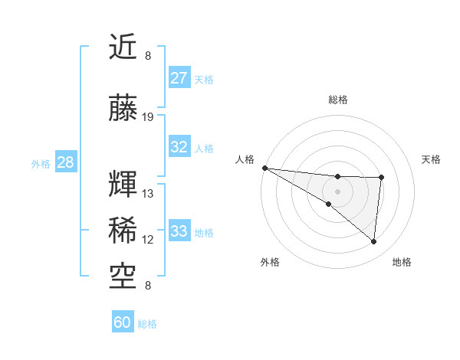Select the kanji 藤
123,109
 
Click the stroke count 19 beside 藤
148,118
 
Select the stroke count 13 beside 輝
148,194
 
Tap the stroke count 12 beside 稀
148,240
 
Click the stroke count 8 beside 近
148,56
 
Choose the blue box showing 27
179,78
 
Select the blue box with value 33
179,231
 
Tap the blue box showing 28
65,162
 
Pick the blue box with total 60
123,322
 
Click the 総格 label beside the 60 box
147,324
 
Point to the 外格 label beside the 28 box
41,164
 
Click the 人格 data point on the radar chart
264,168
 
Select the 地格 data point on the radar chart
374,242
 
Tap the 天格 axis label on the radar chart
431,159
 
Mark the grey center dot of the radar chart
337,190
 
